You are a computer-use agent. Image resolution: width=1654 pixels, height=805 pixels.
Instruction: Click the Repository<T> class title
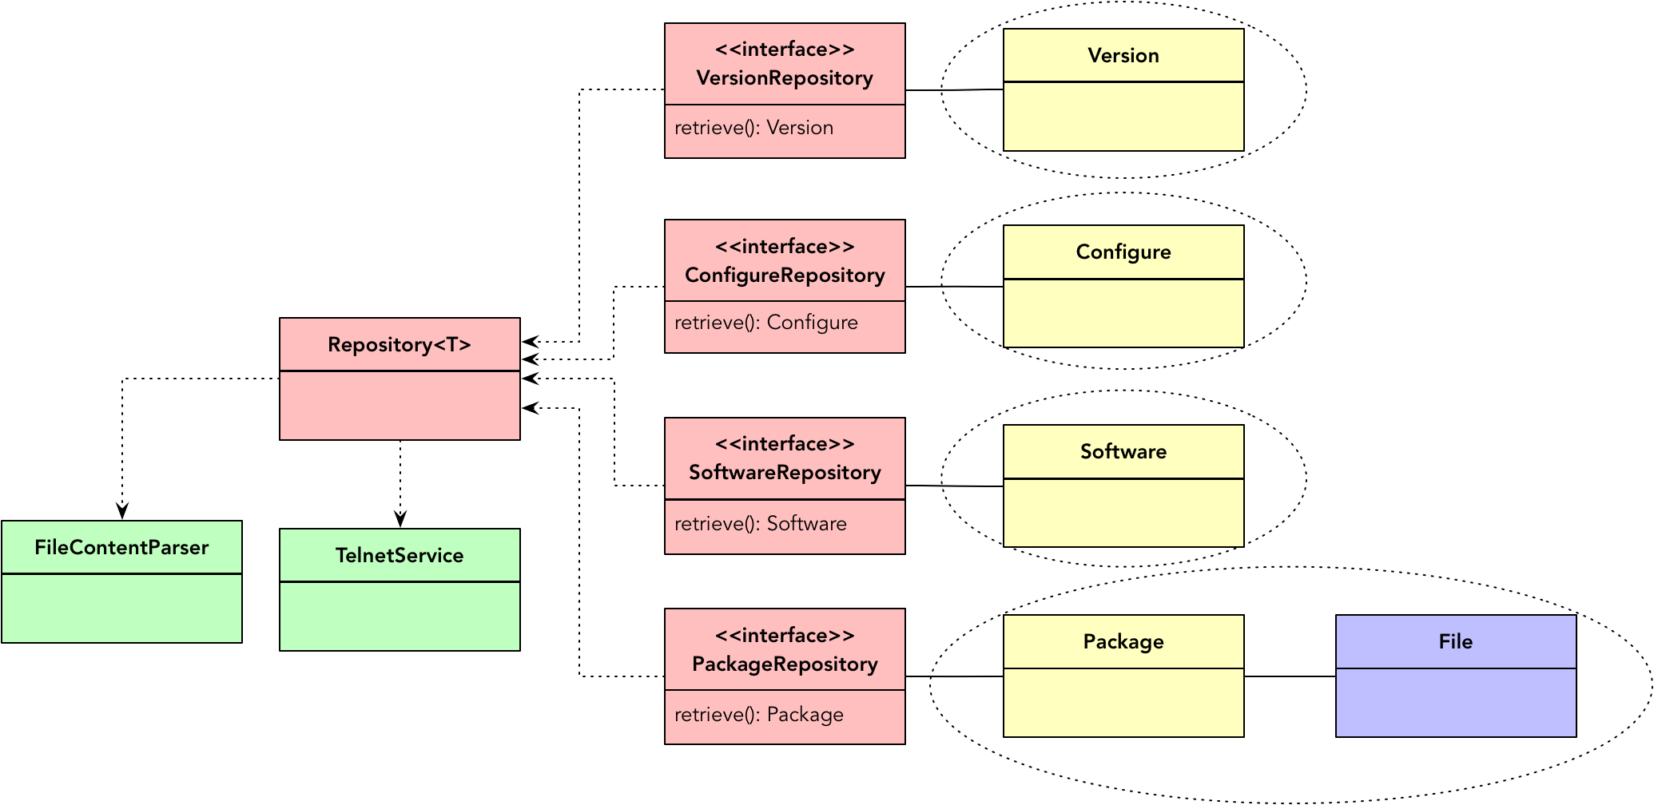pyautogui.click(x=400, y=345)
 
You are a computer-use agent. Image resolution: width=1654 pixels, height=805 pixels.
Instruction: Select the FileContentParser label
pyautogui.click(x=121, y=548)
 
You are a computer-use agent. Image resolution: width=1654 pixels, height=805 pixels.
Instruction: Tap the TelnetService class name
pyautogui.click(x=400, y=556)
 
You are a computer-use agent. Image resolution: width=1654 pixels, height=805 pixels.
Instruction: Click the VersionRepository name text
pyautogui.click(x=785, y=78)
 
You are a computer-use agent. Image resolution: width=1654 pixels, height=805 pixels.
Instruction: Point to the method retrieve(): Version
pyautogui.click(x=753, y=128)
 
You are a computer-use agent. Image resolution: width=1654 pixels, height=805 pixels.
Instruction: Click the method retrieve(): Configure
pyautogui.click(x=765, y=323)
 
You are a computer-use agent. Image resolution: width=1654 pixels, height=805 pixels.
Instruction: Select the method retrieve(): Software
pyautogui.click(x=760, y=524)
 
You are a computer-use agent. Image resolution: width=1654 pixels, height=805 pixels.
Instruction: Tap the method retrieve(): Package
pyautogui.click(x=758, y=715)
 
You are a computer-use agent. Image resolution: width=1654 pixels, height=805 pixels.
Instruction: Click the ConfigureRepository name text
pyautogui.click(x=785, y=276)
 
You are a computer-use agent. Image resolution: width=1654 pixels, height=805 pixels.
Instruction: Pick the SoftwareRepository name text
pyautogui.click(x=785, y=473)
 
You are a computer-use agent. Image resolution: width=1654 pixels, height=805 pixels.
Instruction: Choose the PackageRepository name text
pyautogui.click(x=785, y=664)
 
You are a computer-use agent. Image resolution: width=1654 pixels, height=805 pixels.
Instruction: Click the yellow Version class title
pyautogui.click(x=1123, y=56)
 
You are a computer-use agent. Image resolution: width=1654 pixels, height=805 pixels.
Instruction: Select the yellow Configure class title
pyautogui.click(x=1123, y=252)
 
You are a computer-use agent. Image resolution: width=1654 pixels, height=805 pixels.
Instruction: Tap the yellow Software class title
pyautogui.click(x=1123, y=452)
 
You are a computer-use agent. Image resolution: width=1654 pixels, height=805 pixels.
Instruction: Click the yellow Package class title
pyautogui.click(x=1123, y=642)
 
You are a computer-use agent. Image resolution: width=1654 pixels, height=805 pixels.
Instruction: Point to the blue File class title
pyautogui.click(x=1455, y=642)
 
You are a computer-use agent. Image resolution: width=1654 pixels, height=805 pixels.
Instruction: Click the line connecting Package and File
pyautogui.click(x=1290, y=676)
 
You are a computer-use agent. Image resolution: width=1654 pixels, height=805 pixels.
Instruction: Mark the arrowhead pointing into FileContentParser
pyautogui.click(x=122, y=512)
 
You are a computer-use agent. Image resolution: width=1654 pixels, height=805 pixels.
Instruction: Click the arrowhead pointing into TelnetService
pyautogui.click(x=400, y=520)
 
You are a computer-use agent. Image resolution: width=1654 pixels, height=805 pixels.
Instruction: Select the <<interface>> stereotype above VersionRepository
pyautogui.click(x=785, y=50)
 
